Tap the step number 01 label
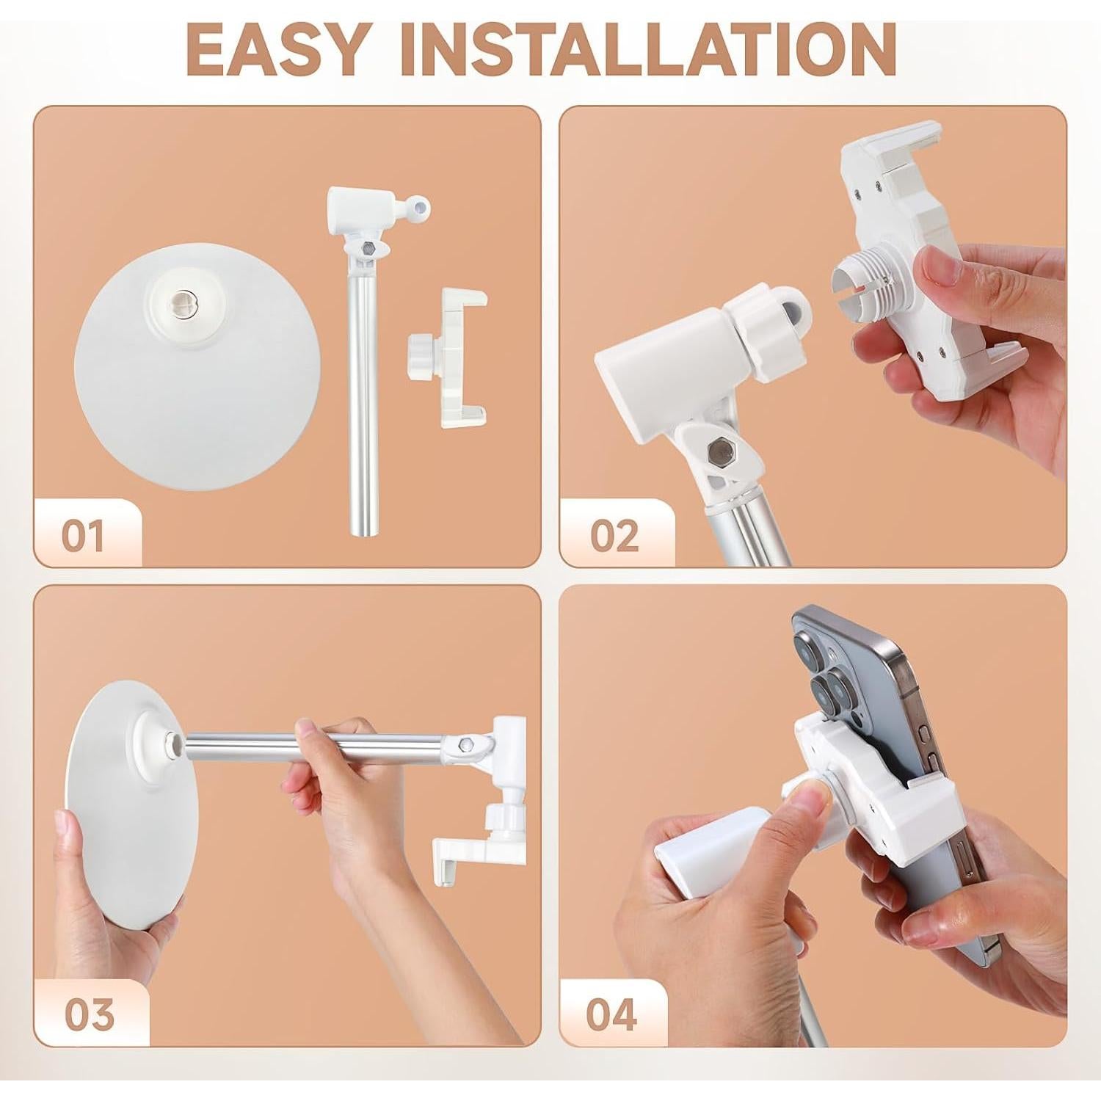click(83, 536)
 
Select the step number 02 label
click(614, 536)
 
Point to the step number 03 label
click(89, 1014)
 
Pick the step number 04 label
click(611, 1014)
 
